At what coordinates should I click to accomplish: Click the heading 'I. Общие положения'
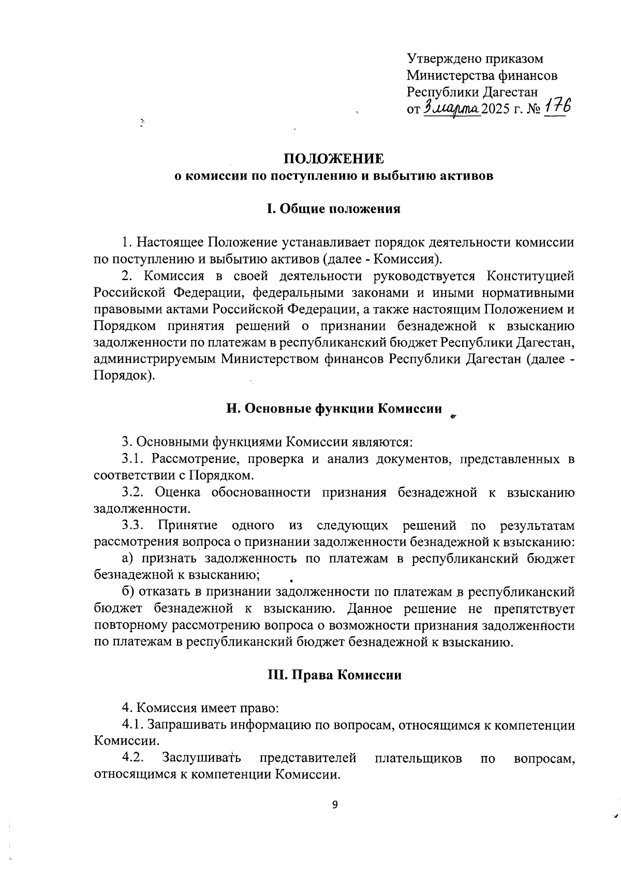333,209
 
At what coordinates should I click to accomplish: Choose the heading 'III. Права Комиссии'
334,675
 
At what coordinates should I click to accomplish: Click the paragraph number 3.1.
132,459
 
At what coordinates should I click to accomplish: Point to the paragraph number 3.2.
132,492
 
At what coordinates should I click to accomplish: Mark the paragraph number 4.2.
132,758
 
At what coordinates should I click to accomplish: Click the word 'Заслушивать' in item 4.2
201,758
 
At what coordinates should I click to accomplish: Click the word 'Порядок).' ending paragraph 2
124,375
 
